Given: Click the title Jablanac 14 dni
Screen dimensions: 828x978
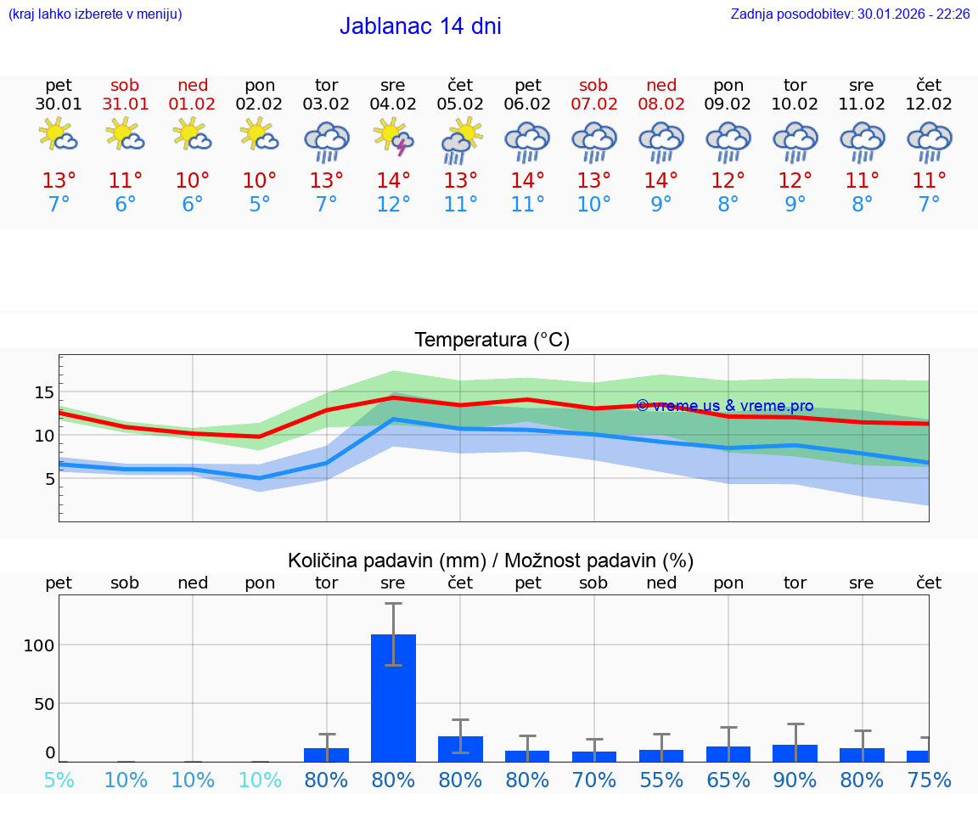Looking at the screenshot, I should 420,26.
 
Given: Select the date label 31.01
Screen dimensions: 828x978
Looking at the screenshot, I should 125,104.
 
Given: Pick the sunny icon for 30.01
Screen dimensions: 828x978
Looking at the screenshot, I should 59,135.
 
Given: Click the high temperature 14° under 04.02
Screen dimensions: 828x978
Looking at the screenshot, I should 393,181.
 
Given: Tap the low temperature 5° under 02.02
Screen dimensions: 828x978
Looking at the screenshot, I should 259,205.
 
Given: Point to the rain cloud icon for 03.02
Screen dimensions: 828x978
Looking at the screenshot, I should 327,142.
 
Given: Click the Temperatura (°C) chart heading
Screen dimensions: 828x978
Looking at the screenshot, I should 492,341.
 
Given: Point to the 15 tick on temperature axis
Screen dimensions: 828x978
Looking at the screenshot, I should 44,392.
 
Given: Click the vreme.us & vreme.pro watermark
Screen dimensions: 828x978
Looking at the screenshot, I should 725,406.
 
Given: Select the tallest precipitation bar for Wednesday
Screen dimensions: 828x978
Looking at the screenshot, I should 393,697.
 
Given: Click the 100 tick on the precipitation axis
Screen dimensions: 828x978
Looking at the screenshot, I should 39,645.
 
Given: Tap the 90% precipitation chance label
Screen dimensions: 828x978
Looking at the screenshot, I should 795,780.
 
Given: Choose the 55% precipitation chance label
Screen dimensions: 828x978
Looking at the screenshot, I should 661,780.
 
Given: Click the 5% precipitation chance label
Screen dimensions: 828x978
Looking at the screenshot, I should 59,780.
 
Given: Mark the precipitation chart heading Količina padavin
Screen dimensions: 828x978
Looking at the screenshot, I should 491,560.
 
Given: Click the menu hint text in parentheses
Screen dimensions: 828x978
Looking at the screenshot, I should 95,14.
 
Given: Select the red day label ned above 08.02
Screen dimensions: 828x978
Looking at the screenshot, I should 661,85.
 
